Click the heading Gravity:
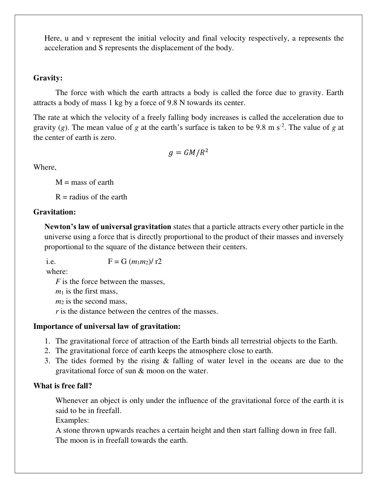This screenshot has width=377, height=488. pos(48,78)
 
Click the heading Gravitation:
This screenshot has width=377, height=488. pos(54,212)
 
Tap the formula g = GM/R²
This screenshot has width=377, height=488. pos(188,153)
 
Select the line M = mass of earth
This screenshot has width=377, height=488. pos(84,183)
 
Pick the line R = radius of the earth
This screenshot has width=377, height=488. pos(91,197)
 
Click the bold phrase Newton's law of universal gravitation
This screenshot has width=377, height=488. pos(108,227)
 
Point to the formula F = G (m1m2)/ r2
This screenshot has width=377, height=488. pos(134,262)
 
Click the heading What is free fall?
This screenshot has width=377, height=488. pos(62,386)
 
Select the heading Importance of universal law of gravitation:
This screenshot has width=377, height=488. pos(107,326)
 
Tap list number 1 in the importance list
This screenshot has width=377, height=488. pos(47,341)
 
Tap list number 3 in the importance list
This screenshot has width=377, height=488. pos(47,361)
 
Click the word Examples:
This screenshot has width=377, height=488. pos(72,421)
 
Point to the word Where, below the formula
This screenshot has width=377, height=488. pos(45,168)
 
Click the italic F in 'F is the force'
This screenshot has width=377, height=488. pos(58,282)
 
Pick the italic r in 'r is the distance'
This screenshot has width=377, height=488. pos(57,312)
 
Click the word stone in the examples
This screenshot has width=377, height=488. pos(71,431)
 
